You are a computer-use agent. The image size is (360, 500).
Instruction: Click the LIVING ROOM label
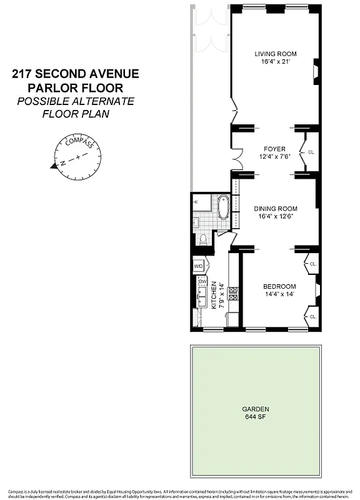pos(275,53)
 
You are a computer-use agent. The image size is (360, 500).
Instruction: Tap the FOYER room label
pos(274,149)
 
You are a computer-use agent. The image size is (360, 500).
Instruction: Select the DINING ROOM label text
pos(275,208)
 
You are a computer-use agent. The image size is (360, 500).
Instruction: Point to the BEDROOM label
pos(279,286)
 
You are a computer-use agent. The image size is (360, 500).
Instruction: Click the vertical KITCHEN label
pos(214,295)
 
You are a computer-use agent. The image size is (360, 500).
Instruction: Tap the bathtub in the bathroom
pos(223,207)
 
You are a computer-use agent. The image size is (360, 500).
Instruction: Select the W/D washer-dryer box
pos(199,266)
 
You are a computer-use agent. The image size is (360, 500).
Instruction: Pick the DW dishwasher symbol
pos(202,282)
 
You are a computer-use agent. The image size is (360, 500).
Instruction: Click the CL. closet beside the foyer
pos(311,152)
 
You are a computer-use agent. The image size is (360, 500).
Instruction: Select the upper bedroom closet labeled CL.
pos(313,264)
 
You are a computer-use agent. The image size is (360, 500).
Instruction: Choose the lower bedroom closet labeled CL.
pos(313,317)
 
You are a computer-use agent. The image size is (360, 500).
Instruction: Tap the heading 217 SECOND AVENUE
pos(76,74)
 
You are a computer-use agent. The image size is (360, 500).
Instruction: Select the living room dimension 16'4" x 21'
pos(275,62)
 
